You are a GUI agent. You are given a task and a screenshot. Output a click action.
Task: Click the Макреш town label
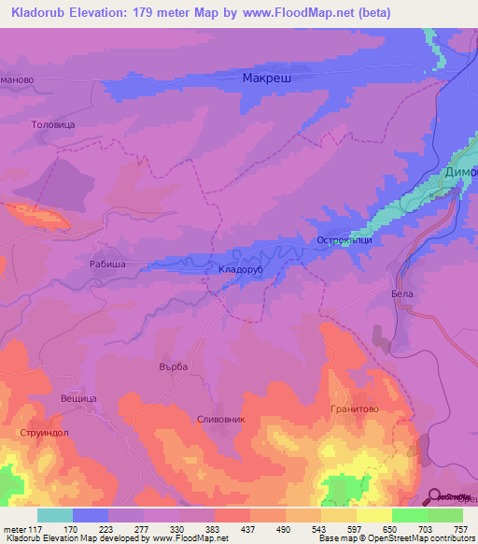point(267,79)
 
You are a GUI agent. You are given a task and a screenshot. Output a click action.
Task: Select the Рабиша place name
point(107,265)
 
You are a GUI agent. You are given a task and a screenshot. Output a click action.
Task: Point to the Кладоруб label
point(242,270)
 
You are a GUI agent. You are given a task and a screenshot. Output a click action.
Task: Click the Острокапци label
point(344,240)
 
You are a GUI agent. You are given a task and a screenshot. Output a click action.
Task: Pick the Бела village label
point(401,293)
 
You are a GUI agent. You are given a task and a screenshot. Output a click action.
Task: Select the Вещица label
point(79,398)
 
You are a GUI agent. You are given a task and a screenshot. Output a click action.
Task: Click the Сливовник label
point(221,420)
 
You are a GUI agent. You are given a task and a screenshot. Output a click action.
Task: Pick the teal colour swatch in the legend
point(54,514)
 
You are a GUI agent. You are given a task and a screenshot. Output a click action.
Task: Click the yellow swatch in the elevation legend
point(373,514)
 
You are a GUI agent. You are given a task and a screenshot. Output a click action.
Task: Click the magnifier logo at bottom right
point(435,495)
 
